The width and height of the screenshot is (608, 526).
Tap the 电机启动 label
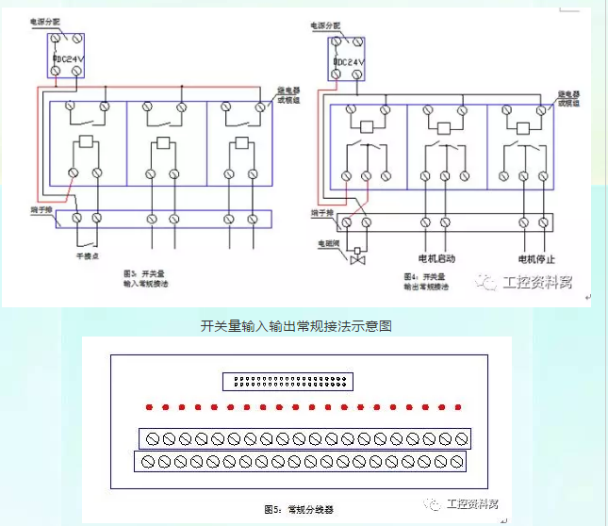(436, 257)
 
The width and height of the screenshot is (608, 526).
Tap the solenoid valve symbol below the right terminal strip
(357, 257)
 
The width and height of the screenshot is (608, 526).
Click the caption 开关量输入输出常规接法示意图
(297, 326)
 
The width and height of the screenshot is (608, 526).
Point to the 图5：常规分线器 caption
(299, 509)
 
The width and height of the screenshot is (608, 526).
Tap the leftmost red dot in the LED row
(148, 408)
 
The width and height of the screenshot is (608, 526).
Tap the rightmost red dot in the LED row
(459, 408)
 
